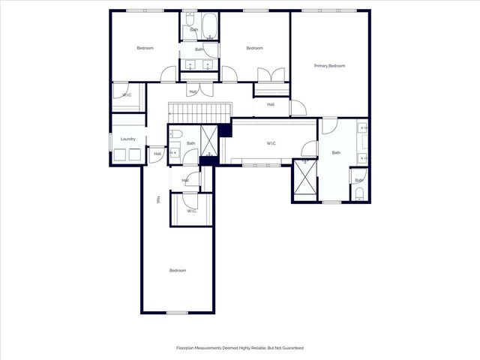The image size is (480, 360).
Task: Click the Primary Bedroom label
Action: pyautogui.click(x=329, y=66)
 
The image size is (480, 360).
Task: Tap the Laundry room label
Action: pyautogui.click(x=128, y=139)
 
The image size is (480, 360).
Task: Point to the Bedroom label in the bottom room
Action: pyautogui.click(x=177, y=270)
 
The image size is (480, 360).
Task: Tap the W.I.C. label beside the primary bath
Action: pyautogui.click(x=271, y=143)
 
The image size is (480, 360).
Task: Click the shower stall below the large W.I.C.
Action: pyautogui.click(x=304, y=178)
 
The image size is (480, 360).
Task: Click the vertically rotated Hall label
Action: pyautogui.click(x=158, y=199)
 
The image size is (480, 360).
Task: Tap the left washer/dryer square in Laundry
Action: pyautogui.click(x=119, y=155)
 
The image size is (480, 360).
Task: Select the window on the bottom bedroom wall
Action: pyautogui.click(x=177, y=312)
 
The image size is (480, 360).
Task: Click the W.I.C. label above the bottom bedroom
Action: pyautogui.click(x=192, y=211)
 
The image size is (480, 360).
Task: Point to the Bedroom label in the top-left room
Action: pyautogui.click(x=145, y=48)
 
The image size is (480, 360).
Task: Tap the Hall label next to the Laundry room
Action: pyautogui.click(x=157, y=154)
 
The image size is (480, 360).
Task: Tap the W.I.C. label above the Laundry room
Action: pyautogui.click(x=127, y=95)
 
